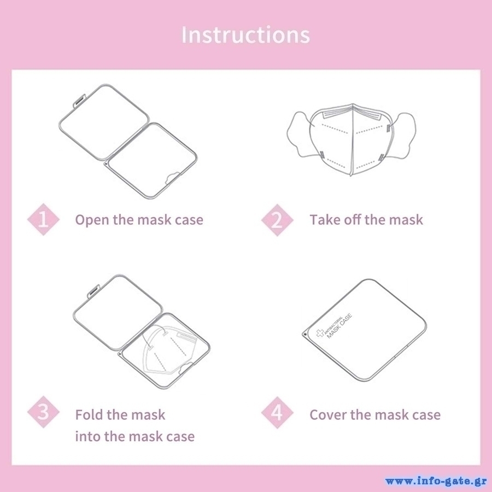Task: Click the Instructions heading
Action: coord(245,34)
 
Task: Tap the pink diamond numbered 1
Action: coord(43,219)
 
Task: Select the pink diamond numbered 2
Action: coord(277,220)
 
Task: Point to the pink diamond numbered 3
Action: coord(43,412)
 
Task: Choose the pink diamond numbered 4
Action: coord(277,412)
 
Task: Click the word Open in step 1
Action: coord(92,220)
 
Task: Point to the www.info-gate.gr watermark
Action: coord(436,481)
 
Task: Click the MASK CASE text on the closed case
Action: coord(339,326)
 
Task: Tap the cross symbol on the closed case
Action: coord(320,333)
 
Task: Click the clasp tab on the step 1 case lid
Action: coord(79,101)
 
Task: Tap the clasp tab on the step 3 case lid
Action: coord(93,291)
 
